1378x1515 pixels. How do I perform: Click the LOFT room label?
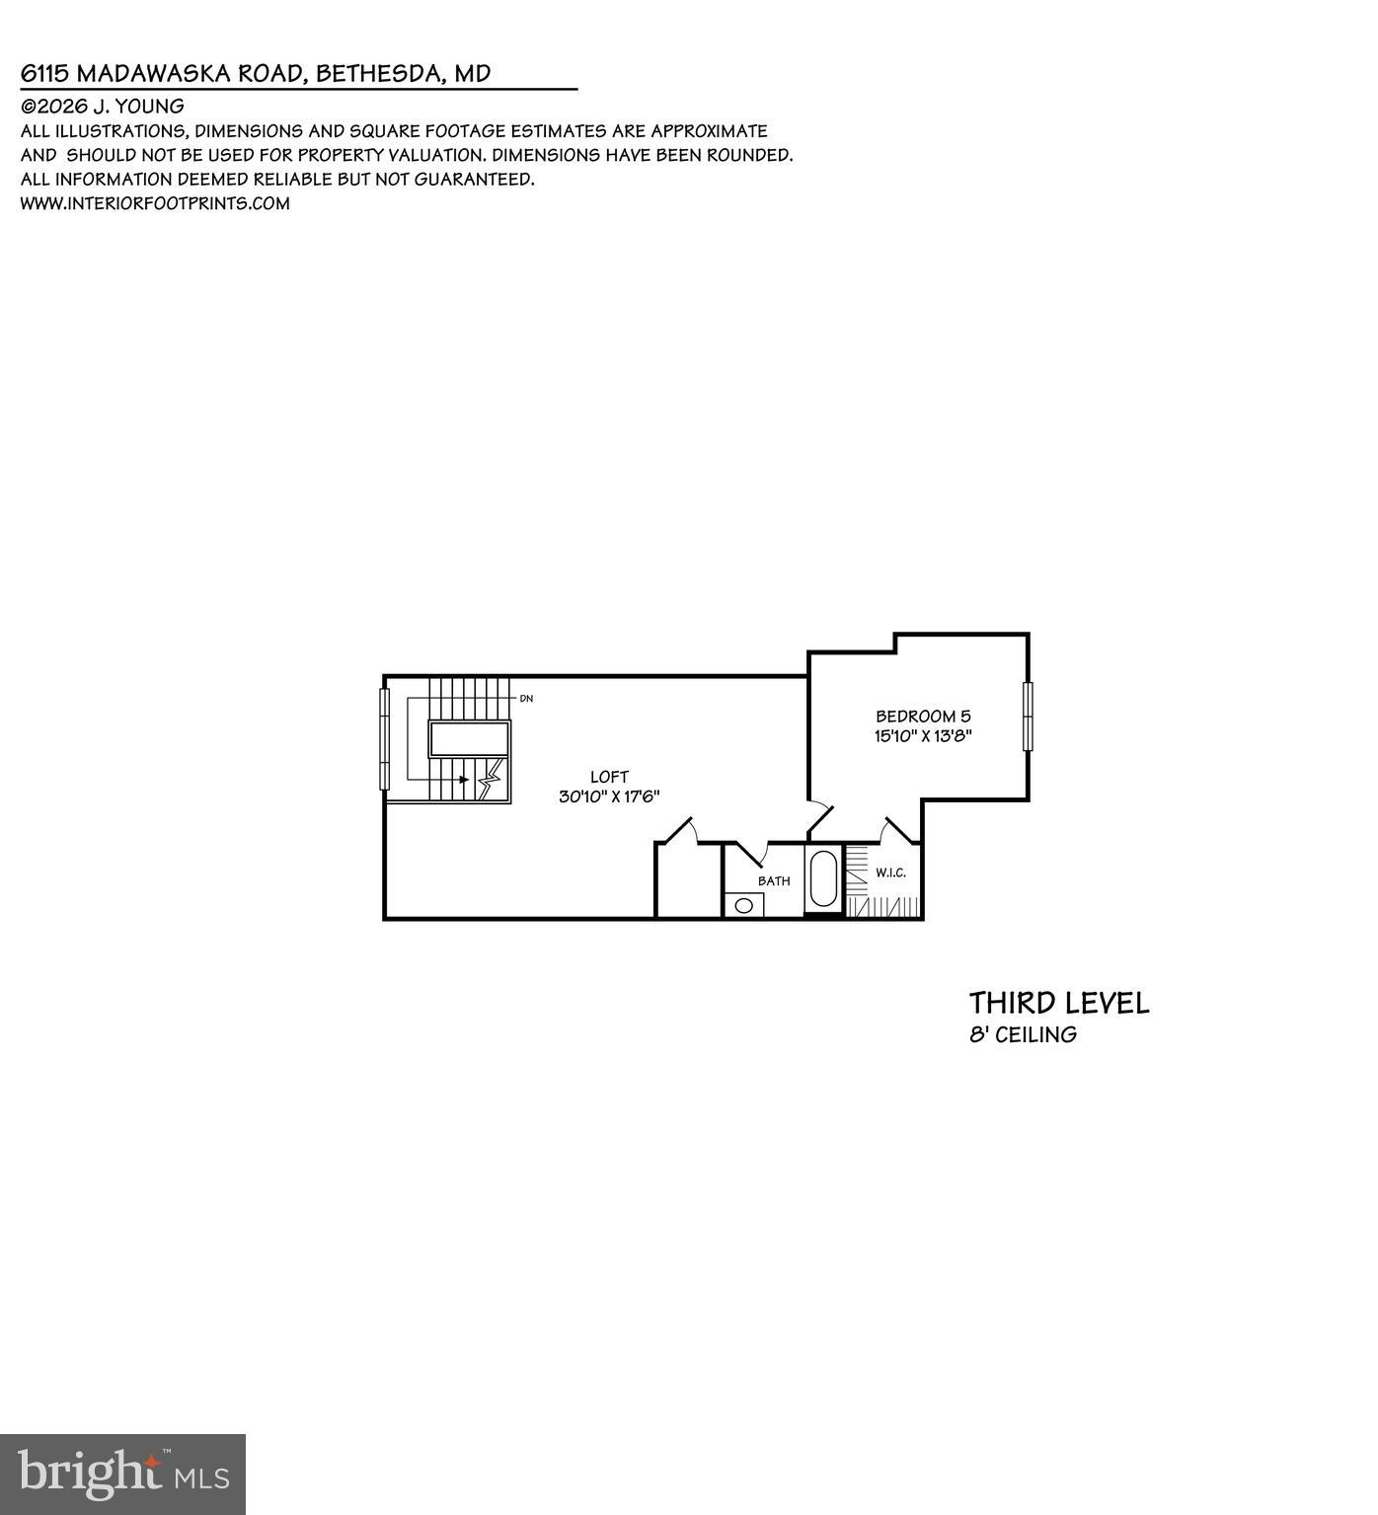609,777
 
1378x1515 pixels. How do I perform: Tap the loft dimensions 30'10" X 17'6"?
609,797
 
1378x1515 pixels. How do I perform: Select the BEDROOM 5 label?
923,717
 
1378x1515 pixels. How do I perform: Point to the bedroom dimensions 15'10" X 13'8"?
923,736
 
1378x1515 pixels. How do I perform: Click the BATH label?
774,880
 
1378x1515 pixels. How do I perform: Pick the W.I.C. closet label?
890,872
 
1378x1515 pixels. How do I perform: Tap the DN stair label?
526,699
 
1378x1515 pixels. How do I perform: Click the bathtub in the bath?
823,878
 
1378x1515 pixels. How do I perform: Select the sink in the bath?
744,905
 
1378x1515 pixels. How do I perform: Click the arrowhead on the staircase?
463,780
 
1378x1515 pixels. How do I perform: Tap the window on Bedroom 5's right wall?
1028,717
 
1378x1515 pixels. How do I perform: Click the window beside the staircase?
385,738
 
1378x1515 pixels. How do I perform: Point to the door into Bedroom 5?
819,817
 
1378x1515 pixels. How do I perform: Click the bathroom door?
751,852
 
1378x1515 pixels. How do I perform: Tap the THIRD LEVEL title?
1059,1004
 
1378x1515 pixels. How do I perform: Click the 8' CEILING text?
1023,1035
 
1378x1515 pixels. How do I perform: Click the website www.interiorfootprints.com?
155,203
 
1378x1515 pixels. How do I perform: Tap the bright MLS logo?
122,1475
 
